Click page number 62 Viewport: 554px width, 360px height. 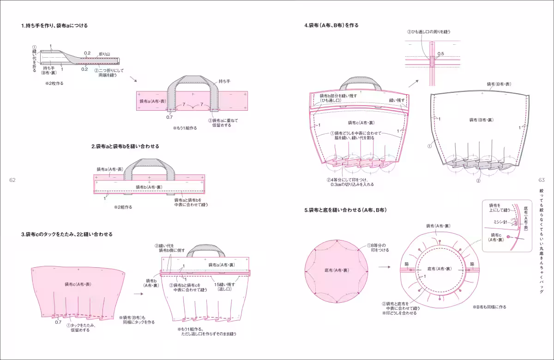click(12, 180)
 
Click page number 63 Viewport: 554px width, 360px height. click(542, 180)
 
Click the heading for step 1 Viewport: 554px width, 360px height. click(54, 26)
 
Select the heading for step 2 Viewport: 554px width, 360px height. click(125, 146)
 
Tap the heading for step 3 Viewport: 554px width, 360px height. click(66, 234)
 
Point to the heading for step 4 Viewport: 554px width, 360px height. click(331, 25)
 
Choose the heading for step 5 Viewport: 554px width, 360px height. click(345, 210)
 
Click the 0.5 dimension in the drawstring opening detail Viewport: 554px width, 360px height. click(440, 54)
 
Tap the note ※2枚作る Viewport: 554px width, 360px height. click(54, 84)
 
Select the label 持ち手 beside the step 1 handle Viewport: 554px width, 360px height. click(224, 81)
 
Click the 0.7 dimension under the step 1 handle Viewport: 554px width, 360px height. click(169, 117)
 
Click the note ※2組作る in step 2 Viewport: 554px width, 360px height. click(123, 207)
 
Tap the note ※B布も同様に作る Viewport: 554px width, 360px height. click(489, 307)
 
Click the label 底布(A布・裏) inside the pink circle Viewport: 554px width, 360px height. click(337, 270)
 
